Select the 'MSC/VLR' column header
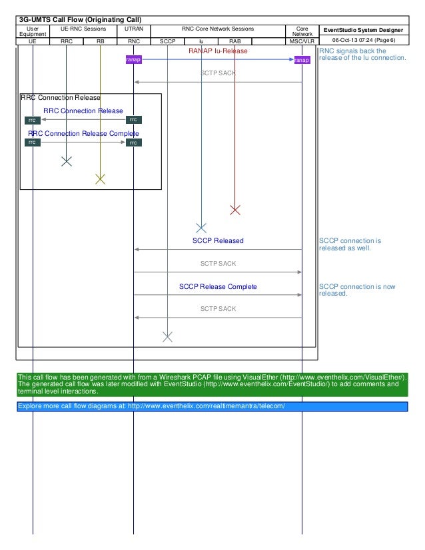pos(302,41)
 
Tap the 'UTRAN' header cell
pos(133,30)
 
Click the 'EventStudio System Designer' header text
pos(364,30)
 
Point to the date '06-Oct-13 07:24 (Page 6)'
pos(364,41)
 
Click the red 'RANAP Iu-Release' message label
pos(218,51)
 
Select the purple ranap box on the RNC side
pos(133,60)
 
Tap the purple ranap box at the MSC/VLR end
pos(302,60)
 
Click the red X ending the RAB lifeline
pos(234,210)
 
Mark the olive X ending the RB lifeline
pos(100,178)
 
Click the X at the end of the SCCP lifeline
pos(167,336)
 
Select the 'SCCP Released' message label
pos(218,240)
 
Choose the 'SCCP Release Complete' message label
pos(218,286)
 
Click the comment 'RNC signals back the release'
pos(362,54)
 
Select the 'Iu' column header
pos(201,41)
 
